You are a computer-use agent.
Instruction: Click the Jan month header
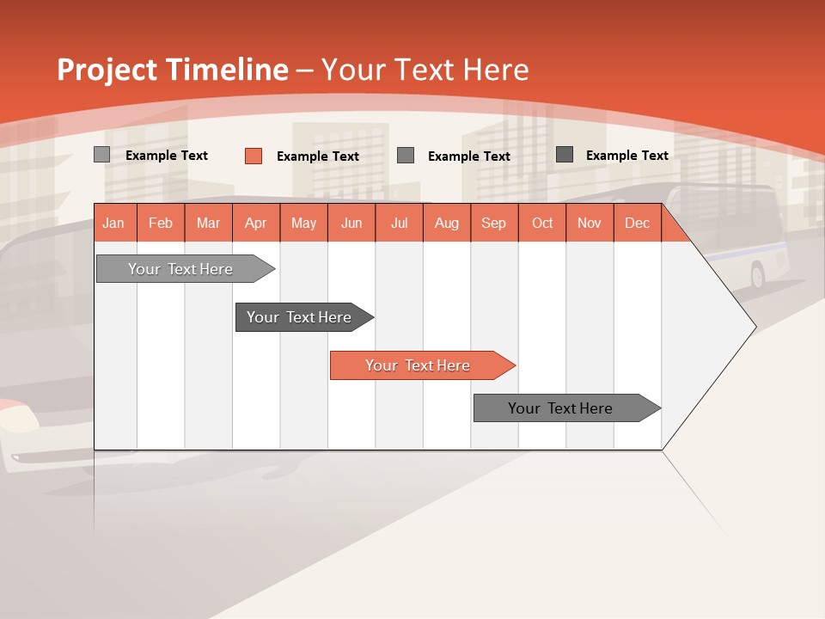pos(114,224)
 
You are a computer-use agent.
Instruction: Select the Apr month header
pos(256,224)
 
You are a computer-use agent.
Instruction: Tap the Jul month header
pos(399,224)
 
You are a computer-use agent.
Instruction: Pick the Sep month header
pos(494,224)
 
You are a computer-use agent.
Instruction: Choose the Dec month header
pos(637,224)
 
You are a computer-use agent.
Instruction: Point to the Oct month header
pos(542,224)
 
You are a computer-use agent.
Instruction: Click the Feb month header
pos(161,224)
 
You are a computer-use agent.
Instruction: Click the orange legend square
pos(254,156)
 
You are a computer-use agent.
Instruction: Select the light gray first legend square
pos(102,155)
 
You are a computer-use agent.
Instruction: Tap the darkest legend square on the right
pos(565,155)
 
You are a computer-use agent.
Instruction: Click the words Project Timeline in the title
pos(173,70)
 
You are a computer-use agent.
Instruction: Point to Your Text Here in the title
pos(425,70)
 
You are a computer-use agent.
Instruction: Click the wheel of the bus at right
pos(757,275)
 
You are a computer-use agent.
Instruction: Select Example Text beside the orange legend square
pos(318,156)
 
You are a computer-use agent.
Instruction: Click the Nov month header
pos(590,224)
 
